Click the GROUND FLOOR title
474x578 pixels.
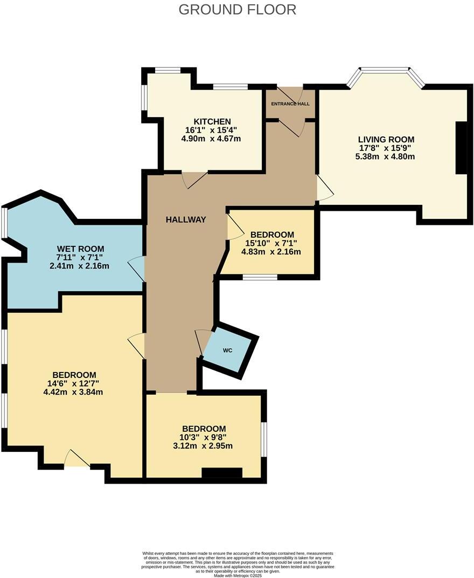pos(237,9)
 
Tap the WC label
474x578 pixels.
pos(228,350)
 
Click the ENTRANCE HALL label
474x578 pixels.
pos(290,104)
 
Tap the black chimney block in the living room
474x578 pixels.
pos(461,148)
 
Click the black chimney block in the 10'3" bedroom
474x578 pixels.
pos(222,473)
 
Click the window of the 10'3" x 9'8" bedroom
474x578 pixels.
pos(264,438)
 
